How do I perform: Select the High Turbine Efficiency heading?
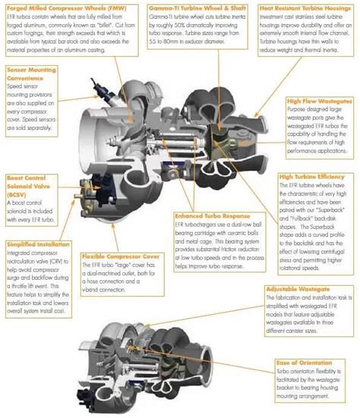(x=313, y=176)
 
